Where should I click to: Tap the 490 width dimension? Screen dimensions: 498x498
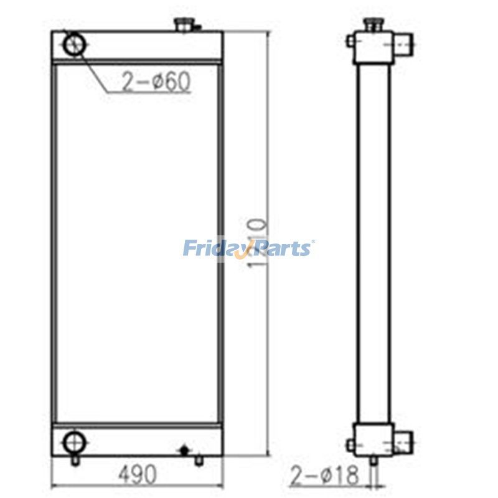[x=136, y=475]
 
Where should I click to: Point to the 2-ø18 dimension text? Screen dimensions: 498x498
[x=325, y=476]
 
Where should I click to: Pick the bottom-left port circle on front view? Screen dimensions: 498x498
[x=73, y=443]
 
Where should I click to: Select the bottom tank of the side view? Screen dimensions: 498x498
[x=374, y=438]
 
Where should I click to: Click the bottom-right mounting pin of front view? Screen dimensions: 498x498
[x=198, y=461]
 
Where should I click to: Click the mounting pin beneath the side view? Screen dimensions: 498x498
[x=374, y=461]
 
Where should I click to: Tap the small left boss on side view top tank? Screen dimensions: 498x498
[x=352, y=40]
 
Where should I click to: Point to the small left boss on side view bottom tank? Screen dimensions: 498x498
[x=352, y=444]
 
